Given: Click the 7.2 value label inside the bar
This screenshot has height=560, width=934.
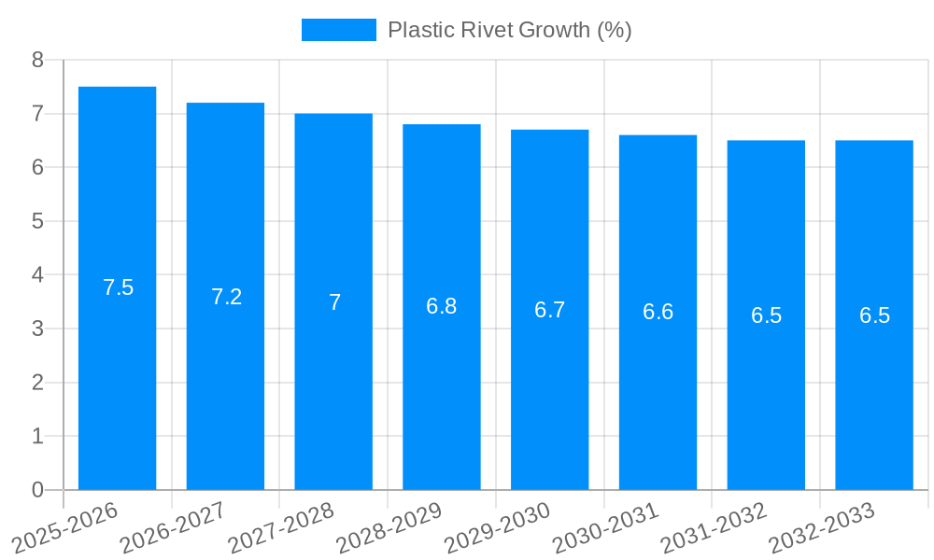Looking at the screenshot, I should pyautogui.click(x=226, y=297).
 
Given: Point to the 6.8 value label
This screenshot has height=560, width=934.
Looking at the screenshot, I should pyautogui.click(x=441, y=306).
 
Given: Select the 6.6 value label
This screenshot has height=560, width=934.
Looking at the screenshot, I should pyautogui.click(x=658, y=312).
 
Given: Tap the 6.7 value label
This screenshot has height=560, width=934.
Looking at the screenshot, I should pyautogui.click(x=549, y=310).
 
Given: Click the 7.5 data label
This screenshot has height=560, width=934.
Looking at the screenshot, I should pyautogui.click(x=118, y=287).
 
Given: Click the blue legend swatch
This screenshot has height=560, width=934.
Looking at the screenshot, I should pyautogui.click(x=338, y=30).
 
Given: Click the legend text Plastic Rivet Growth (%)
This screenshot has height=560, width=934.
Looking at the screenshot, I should pyautogui.click(x=510, y=30).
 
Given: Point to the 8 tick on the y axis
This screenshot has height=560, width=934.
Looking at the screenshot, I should pyautogui.click(x=37, y=60).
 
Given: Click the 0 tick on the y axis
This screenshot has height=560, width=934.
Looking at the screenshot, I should pyautogui.click(x=37, y=490).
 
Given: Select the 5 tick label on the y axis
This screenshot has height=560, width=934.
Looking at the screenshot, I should pyautogui.click(x=37, y=221).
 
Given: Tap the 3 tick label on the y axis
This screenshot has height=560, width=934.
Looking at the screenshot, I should pyautogui.click(x=37, y=329).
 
